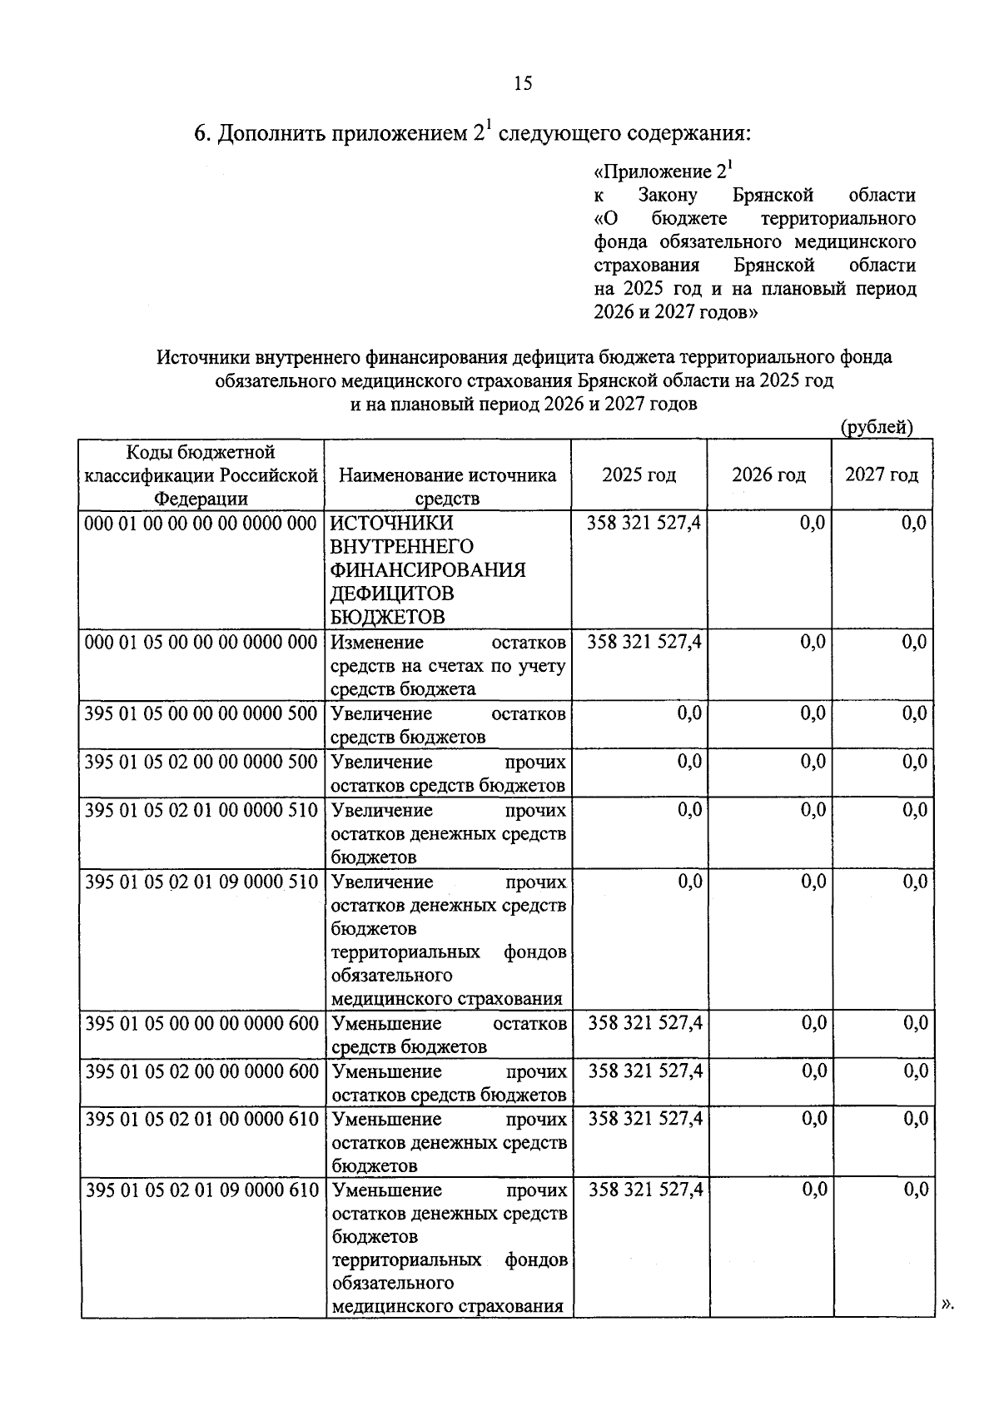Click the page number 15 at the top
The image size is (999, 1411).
pyautogui.click(x=523, y=83)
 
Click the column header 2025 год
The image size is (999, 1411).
pyautogui.click(x=639, y=475)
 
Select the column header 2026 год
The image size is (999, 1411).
pyautogui.click(x=768, y=475)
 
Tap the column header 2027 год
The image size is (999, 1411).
pyautogui.click(x=882, y=475)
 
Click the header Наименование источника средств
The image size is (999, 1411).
pyautogui.click(x=448, y=486)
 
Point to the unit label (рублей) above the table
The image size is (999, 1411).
pyautogui.click(x=877, y=427)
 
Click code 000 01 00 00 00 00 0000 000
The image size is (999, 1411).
pyautogui.click(x=201, y=524)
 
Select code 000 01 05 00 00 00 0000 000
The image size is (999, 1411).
pyautogui.click(x=201, y=643)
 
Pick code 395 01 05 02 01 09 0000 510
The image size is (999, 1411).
pyautogui.click(x=201, y=882)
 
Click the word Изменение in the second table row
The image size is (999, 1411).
pyautogui.click(x=377, y=643)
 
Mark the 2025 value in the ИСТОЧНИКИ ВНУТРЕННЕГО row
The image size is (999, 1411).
pyautogui.click(x=644, y=524)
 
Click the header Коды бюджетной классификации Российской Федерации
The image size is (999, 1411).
pyautogui.click(x=201, y=475)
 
